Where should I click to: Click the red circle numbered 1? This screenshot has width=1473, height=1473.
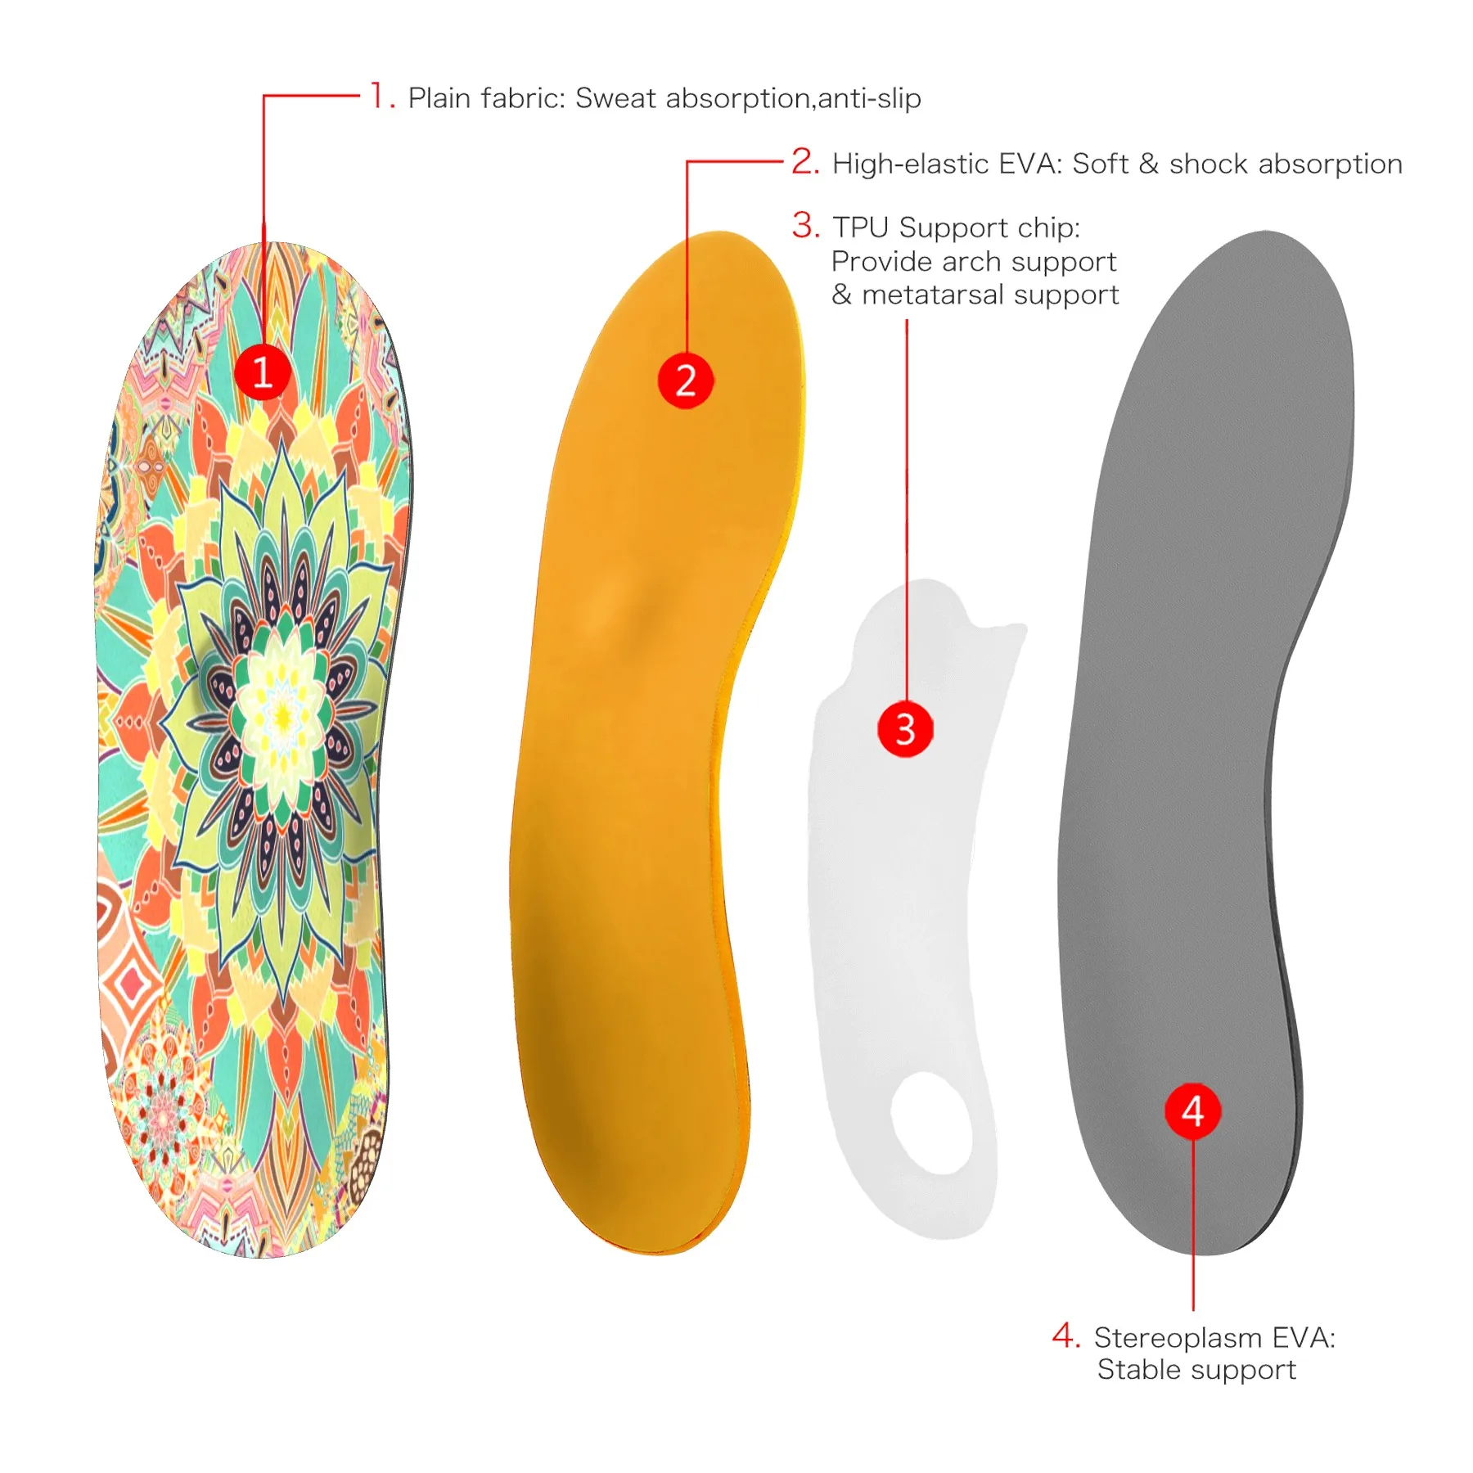(x=263, y=372)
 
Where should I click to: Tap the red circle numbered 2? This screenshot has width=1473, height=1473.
(x=686, y=381)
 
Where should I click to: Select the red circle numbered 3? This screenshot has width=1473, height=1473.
(x=905, y=728)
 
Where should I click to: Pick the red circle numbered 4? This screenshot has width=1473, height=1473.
(x=1192, y=1111)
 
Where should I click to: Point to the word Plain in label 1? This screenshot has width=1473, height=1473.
(x=439, y=98)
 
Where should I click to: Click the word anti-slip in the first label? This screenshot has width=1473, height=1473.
(x=869, y=98)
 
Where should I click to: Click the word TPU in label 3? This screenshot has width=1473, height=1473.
(x=861, y=227)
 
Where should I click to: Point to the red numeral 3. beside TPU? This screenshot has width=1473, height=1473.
(x=805, y=225)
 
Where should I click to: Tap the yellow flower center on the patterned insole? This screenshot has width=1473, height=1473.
(x=282, y=717)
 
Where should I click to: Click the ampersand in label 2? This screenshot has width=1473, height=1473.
(x=1149, y=164)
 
